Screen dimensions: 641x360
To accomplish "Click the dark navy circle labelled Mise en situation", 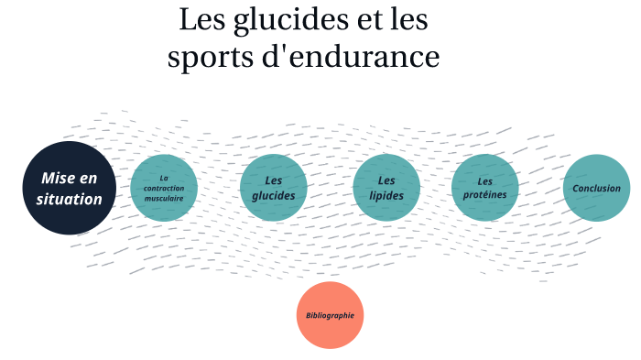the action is coord(70,188).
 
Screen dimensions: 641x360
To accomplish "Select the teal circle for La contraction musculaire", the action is coord(164,188).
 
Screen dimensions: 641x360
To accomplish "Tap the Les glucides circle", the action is coord(273,188).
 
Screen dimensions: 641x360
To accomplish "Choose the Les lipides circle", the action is coord(386,188).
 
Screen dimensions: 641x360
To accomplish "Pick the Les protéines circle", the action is coord(485,188).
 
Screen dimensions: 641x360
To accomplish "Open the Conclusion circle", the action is coord(596,188).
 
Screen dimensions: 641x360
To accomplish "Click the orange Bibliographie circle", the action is coord(331,315).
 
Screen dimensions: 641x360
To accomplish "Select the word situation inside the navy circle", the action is coord(70,199).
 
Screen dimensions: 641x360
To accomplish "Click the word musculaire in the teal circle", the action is coord(164,198).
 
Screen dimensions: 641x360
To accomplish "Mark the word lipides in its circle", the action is coord(386,196).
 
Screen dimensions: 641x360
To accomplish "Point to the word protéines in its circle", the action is coord(485,195).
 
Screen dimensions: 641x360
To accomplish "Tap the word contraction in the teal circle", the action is coord(164,188).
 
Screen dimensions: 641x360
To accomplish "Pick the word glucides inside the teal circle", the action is coord(273,196).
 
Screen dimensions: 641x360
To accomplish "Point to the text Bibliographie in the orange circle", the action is coord(331,315).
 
